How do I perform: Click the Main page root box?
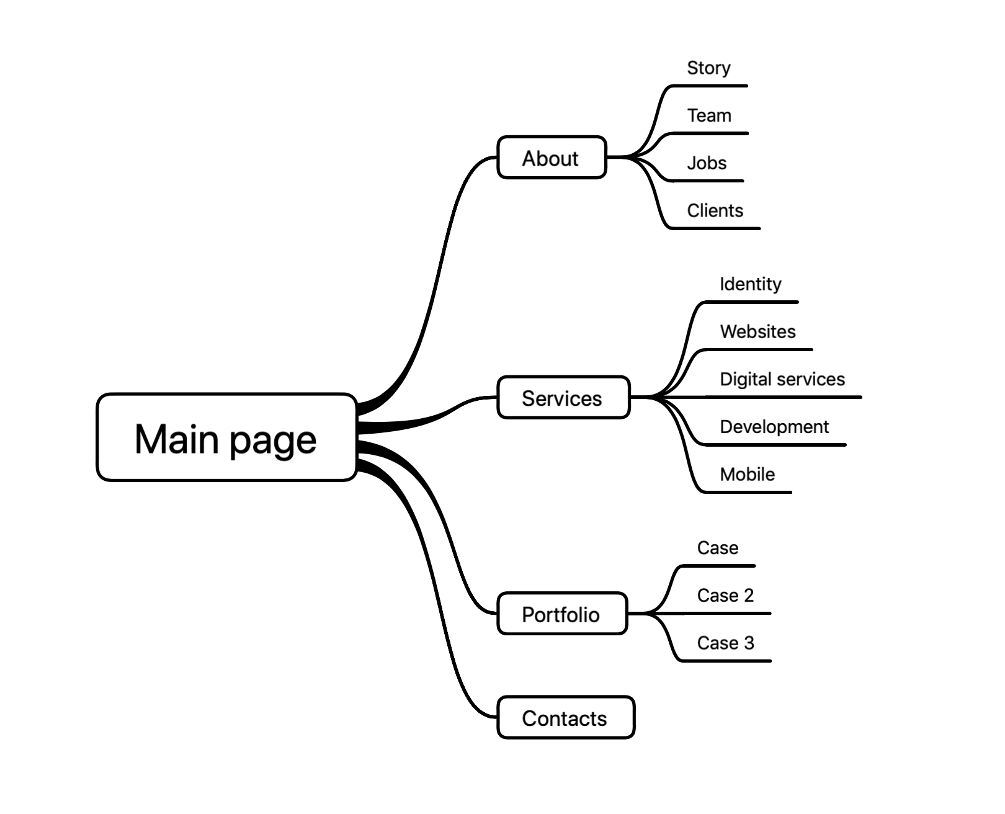pyautogui.click(x=226, y=437)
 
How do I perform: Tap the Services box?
pyautogui.click(x=563, y=398)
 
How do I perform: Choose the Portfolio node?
pyautogui.click(x=561, y=614)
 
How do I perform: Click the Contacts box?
pyautogui.click(x=565, y=718)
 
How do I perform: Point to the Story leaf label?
pyautogui.click(x=708, y=68)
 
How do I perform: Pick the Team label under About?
pyautogui.click(x=709, y=115)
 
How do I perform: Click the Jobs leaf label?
pyautogui.click(x=707, y=163)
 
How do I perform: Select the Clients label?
pyautogui.click(x=715, y=211)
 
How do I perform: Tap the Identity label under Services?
pyautogui.click(x=750, y=284)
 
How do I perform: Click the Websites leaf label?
pyautogui.click(x=757, y=332)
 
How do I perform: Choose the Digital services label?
pyautogui.click(x=782, y=379)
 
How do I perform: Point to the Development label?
pyautogui.click(x=774, y=427)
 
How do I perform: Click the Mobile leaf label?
pyautogui.click(x=747, y=475)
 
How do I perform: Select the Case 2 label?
pyautogui.click(x=725, y=596)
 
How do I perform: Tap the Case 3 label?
pyautogui.click(x=725, y=643)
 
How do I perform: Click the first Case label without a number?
pyautogui.click(x=717, y=548)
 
